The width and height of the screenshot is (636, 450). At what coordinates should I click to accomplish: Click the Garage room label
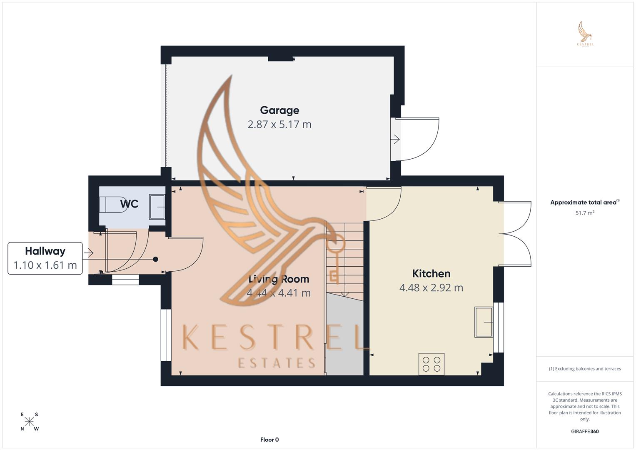[x=279, y=110]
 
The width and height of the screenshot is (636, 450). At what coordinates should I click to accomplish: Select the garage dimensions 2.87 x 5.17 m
[x=279, y=125]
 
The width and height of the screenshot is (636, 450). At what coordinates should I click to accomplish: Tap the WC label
[x=129, y=204]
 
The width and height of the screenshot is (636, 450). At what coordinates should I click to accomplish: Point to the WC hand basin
[x=157, y=207]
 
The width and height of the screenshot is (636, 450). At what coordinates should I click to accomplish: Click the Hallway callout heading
[x=45, y=251]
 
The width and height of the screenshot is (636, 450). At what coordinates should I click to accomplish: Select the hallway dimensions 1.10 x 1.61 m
[x=45, y=265]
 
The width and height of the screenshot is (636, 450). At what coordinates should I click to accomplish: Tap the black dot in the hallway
[x=155, y=259]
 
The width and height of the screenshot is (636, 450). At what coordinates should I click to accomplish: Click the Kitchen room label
[x=431, y=274]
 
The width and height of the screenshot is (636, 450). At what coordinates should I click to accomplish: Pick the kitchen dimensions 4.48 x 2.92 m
[x=431, y=288]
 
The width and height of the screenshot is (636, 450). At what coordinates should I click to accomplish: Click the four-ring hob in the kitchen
[x=431, y=364]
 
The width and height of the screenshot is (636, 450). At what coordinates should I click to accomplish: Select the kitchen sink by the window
[x=484, y=322]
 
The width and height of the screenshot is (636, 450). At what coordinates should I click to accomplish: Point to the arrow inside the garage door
[x=395, y=139]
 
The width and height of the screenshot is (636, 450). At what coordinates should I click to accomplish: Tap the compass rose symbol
[x=29, y=422]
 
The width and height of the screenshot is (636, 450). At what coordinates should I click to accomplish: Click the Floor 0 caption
[x=269, y=440]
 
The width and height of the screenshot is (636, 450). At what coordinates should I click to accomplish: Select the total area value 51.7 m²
[x=585, y=213]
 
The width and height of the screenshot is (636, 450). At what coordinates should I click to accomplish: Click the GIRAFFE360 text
[x=585, y=432]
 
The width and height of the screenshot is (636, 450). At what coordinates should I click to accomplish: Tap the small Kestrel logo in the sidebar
[x=585, y=34]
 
